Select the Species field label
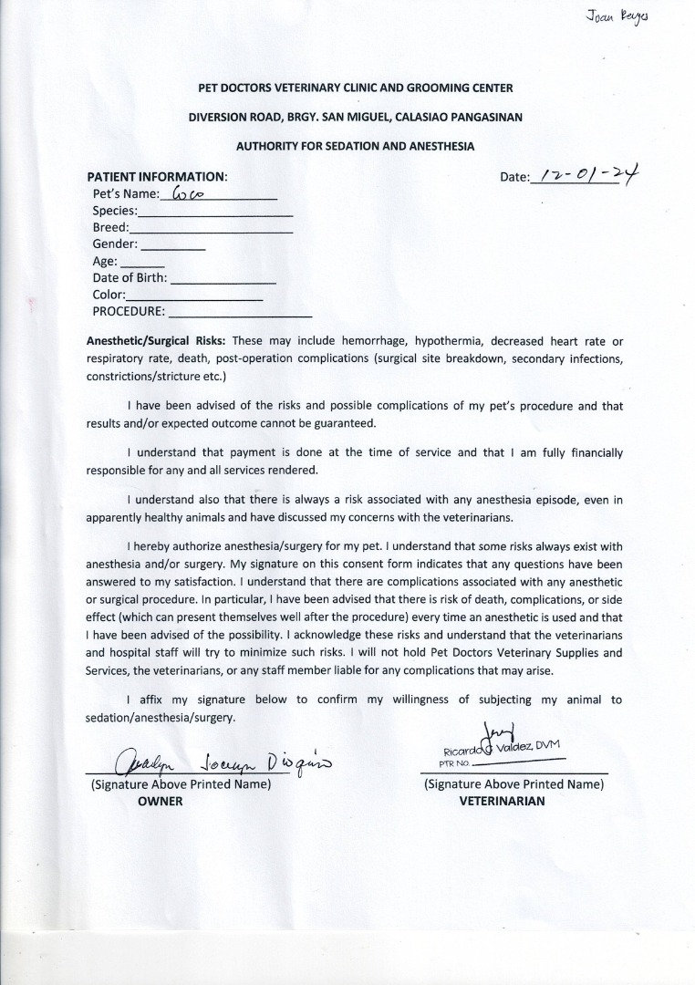point(114,211)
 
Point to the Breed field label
point(110,227)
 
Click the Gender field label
point(115,244)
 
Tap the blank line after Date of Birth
point(223,277)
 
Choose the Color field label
point(109,295)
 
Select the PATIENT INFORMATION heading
point(156,176)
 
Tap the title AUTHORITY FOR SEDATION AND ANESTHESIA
point(355,146)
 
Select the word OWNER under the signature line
point(160,801)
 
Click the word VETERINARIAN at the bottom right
point(502,801)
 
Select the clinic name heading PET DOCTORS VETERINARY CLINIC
point(356,88)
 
